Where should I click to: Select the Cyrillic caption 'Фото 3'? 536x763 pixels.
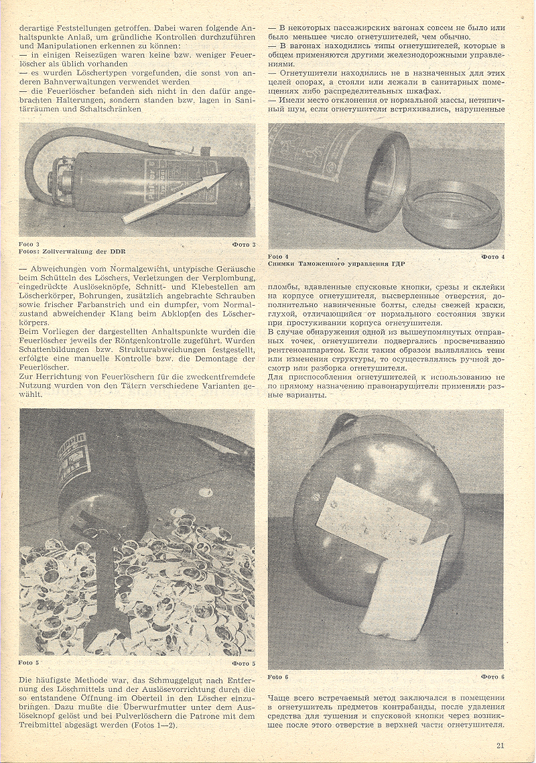(x=245, y=244)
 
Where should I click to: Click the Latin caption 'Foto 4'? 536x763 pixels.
(x=277, y=257)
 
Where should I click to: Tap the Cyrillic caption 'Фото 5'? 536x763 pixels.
(x=244, y=662)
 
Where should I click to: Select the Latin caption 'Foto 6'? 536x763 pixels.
(x=277, y=677)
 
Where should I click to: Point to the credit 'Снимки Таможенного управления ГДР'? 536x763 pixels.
(x=336, y=263)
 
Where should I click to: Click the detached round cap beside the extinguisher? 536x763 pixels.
(x=452, y=218)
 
